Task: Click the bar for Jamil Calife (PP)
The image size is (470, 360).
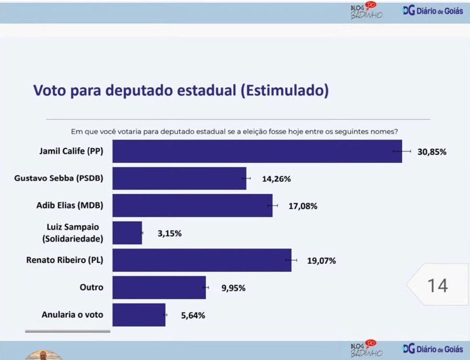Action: [257, 152]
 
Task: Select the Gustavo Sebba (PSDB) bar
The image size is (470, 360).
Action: [179, 179]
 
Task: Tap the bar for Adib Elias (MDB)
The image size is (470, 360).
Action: [192, 206]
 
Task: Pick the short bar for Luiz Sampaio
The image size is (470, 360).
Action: [127, 233]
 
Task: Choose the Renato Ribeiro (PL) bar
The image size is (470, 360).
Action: [202, 260]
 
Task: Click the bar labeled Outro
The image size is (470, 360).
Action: [159, 288]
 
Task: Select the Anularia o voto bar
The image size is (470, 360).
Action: [139, 315]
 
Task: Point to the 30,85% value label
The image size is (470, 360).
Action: [432, 152]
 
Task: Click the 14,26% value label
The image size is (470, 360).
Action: [276, 179]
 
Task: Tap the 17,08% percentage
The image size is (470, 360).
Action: [303, 206]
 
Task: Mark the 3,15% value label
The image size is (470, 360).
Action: [170, 234]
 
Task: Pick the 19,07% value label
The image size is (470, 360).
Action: [321, 261]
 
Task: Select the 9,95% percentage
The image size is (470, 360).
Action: [233, 288]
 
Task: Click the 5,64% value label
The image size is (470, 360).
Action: [193, 316]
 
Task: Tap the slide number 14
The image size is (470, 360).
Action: [438, 286]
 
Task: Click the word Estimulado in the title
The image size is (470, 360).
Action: [285, 90]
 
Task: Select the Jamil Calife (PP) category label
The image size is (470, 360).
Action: [72, 152]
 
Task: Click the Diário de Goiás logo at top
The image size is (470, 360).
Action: [433, 11]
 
